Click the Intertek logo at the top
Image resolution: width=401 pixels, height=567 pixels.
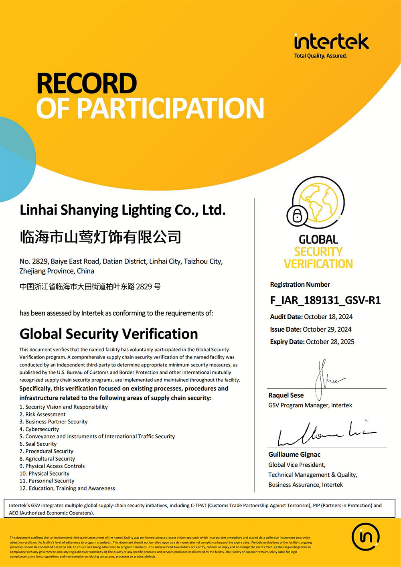point(331,42)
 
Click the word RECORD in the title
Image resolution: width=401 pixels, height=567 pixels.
point(87,83)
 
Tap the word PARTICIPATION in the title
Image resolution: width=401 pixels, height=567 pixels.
point(170,108)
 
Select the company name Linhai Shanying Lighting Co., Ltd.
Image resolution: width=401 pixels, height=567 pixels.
point(123,210)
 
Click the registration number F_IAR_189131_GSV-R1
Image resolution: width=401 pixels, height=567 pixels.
point(325,300)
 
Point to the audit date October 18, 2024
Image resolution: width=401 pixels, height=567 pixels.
point(328,317)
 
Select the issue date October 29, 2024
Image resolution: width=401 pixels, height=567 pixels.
point(327,329)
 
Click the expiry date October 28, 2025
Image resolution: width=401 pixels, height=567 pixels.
point(330,342)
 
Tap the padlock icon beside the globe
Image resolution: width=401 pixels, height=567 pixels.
point(297,216)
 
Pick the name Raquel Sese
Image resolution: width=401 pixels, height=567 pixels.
point(286,395)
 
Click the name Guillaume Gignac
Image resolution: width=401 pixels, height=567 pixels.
point(294,454)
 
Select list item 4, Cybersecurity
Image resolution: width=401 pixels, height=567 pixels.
point(39,429)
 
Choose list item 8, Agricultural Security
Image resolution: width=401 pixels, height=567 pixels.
point(47,459)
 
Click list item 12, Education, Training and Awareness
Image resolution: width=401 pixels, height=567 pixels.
point(67,488)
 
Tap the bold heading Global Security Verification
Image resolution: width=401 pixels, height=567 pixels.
point(109,334)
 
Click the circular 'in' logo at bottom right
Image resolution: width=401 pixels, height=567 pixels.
point(366,537)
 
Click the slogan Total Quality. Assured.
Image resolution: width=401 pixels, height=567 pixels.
point(320,56)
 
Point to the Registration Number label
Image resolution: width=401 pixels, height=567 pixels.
point(300,285)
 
